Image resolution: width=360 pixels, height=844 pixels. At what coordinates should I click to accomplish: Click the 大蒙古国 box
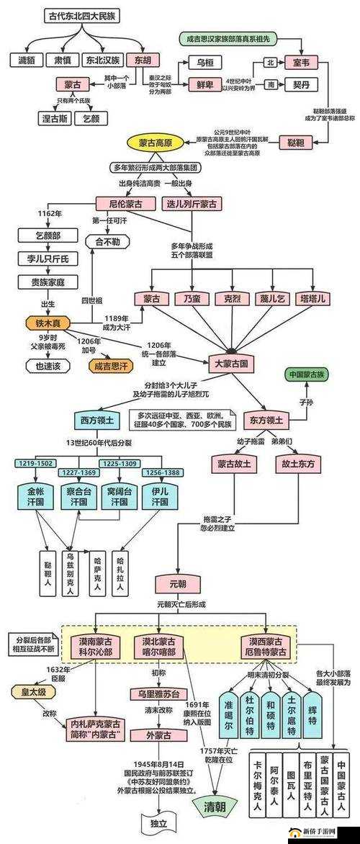pos(232,364)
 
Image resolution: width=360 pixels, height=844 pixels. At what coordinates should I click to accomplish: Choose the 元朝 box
pos(175,583)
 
